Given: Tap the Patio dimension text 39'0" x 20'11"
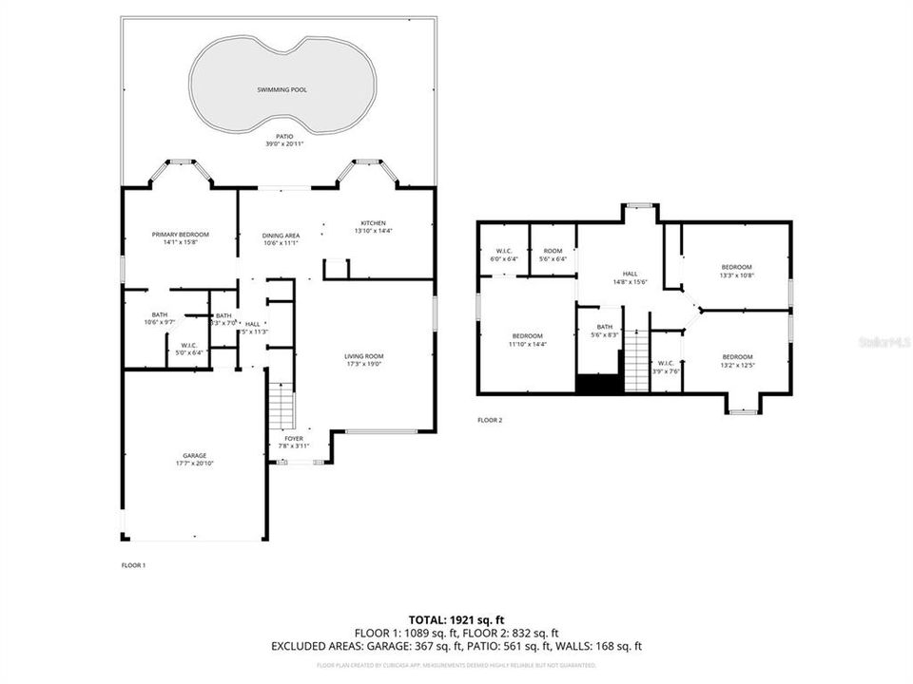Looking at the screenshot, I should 279,143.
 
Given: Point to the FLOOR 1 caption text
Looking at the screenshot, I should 133,565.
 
